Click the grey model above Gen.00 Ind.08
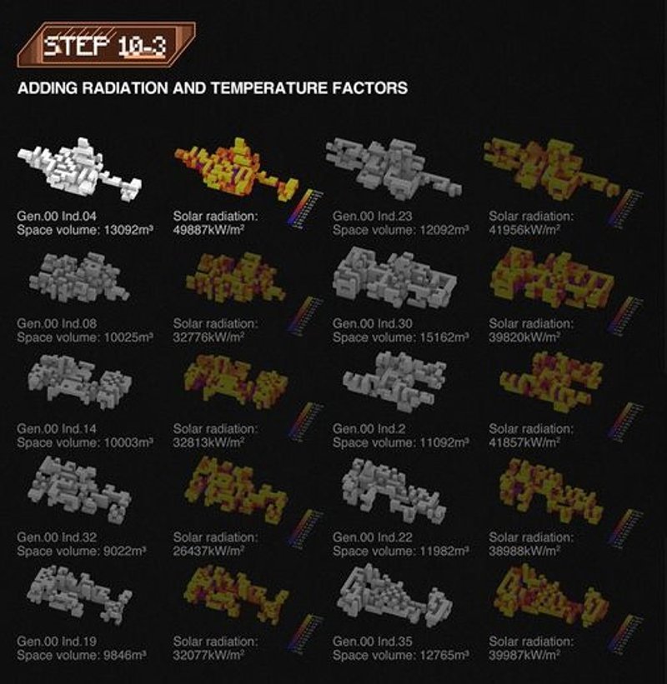(x=75, y=278)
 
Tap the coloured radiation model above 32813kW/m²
(x=233, y=383)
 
